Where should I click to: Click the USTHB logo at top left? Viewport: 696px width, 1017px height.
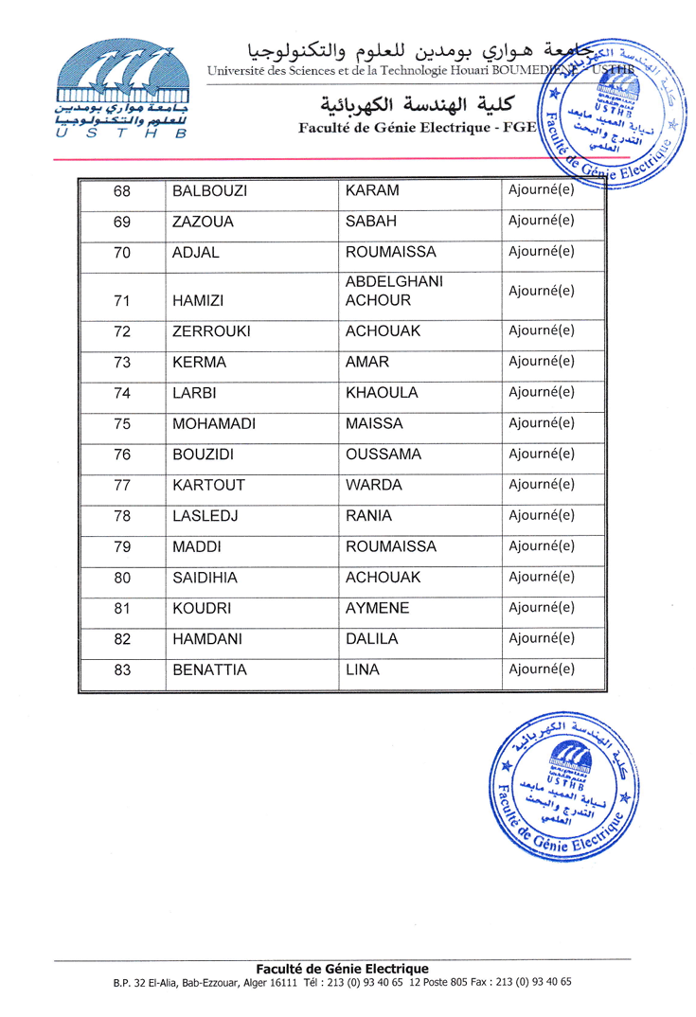120,91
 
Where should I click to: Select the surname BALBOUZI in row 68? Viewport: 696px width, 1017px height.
209,192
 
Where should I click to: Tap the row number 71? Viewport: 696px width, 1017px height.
121,302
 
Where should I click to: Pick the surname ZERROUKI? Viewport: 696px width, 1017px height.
210,332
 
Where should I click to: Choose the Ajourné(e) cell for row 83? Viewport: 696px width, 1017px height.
542,670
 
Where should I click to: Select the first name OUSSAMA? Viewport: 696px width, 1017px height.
384,455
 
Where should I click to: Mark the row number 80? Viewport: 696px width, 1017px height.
121,578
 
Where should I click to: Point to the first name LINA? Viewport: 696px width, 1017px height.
364,670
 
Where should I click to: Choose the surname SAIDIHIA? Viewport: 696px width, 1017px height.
205,578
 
